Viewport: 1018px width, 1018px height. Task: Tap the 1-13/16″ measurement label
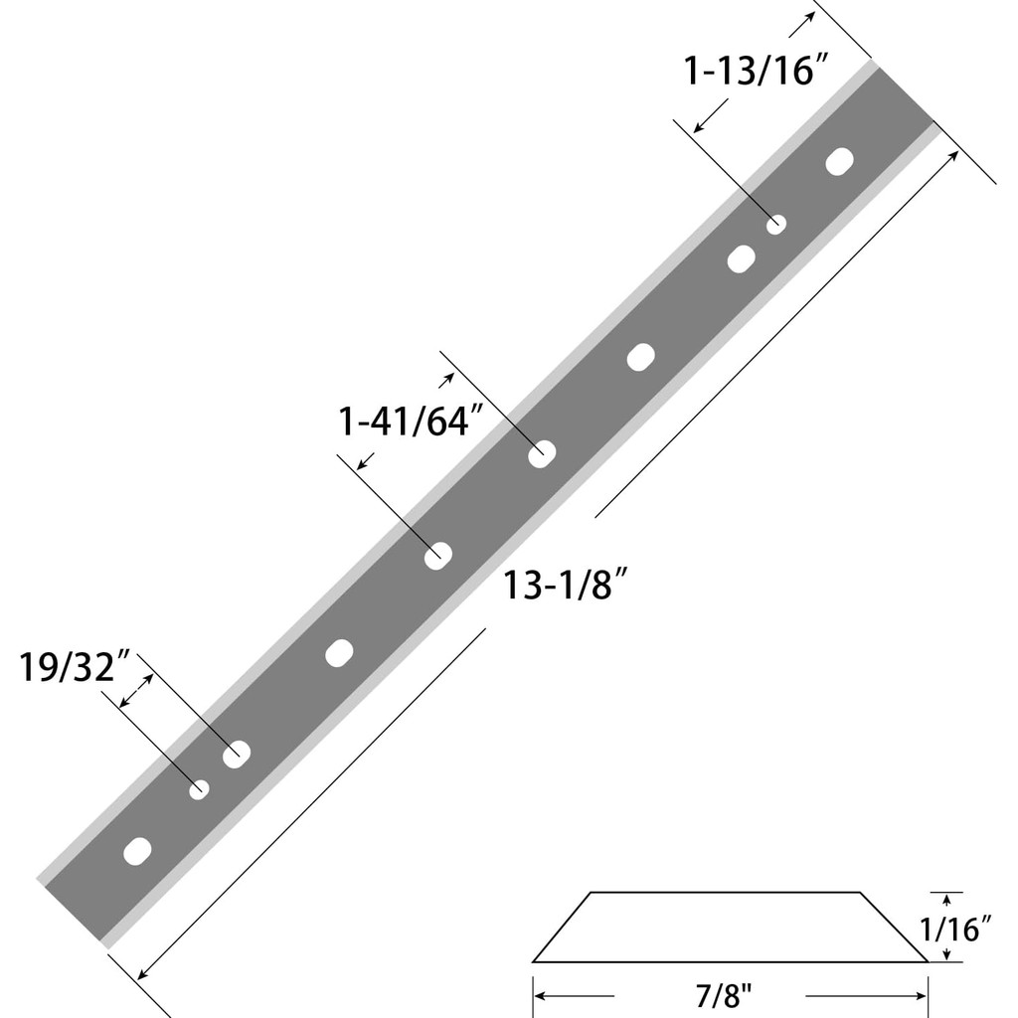[x=757, y=72]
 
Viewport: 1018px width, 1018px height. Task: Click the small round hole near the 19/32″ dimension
[x=199, y=789]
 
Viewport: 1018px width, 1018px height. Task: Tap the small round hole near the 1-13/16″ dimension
[x=776, y=225]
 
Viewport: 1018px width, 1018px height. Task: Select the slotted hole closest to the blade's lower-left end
[x=137, y=852]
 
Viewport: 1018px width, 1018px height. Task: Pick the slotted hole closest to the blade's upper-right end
[x=840, y=162]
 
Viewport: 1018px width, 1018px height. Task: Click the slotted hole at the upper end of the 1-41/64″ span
[x=542, y=454]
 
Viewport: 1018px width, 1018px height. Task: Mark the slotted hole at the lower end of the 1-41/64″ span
[x=438, y=557]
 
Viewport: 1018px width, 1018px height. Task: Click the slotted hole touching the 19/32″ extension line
[x=237, y=755]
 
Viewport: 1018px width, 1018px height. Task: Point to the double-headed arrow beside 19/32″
[x=136, y=691]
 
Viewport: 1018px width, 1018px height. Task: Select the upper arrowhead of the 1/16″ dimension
[x=946, y=899]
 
